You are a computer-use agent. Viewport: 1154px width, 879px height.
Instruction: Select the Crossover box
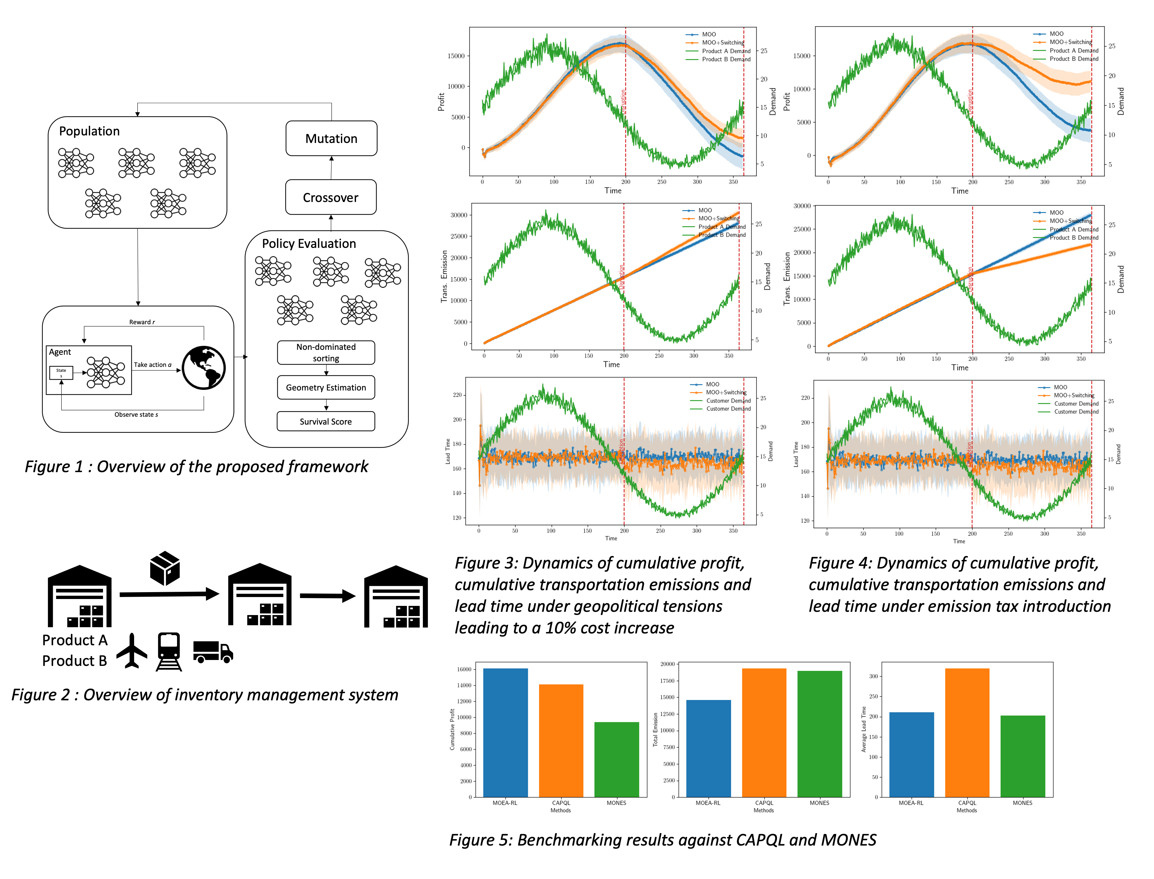330,197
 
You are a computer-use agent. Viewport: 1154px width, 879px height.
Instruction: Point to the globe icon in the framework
204,368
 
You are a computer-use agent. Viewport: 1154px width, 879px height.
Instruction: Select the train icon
169,651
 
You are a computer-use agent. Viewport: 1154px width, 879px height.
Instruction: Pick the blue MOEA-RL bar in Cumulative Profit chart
505,732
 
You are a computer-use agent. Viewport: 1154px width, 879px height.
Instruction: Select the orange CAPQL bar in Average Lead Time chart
967,732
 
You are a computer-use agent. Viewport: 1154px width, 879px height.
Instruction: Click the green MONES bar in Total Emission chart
819,733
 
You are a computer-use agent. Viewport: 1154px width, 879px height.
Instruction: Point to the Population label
90,131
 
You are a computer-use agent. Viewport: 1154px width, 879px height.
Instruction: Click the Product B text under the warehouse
75,661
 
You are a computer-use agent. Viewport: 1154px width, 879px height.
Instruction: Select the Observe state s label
136,415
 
